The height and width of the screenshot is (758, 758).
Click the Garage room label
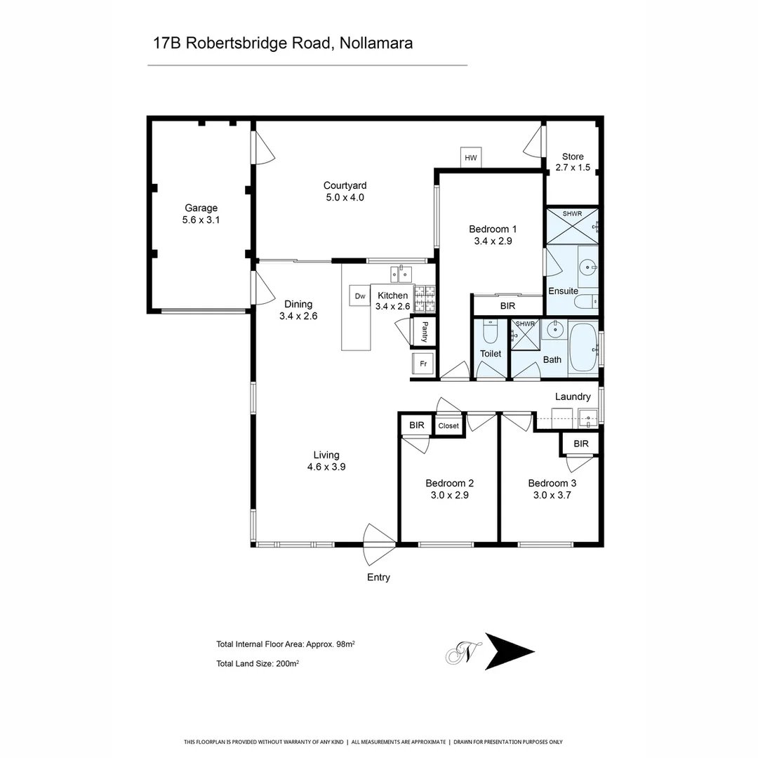tap(201, 208)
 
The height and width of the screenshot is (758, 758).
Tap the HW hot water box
tap(470, 158)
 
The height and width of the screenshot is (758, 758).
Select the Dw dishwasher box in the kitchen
tap(360, 296)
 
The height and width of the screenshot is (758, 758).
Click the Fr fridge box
tap(423, 364)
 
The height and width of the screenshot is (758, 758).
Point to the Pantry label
tap(425, 331)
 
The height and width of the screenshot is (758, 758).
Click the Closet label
tap(448, 426)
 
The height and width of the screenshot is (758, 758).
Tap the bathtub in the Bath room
tap(583, 347)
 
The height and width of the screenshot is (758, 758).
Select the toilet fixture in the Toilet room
tap(491, 330)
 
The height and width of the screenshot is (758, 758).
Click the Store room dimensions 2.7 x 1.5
tap(573, 168)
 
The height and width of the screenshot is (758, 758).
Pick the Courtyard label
tap(345, 185)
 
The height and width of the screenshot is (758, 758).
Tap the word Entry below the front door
tap(378, 578)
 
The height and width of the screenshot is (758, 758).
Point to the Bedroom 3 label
tap(552, 483)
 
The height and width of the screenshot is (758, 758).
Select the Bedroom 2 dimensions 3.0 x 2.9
tap(449, 495)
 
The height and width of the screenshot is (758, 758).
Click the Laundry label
tap(573, 397)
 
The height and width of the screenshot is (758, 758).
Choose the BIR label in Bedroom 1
tap(507, 307)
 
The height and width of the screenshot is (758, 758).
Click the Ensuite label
tap(563, 291)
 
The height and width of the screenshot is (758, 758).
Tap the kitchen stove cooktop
tap(425, 298)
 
